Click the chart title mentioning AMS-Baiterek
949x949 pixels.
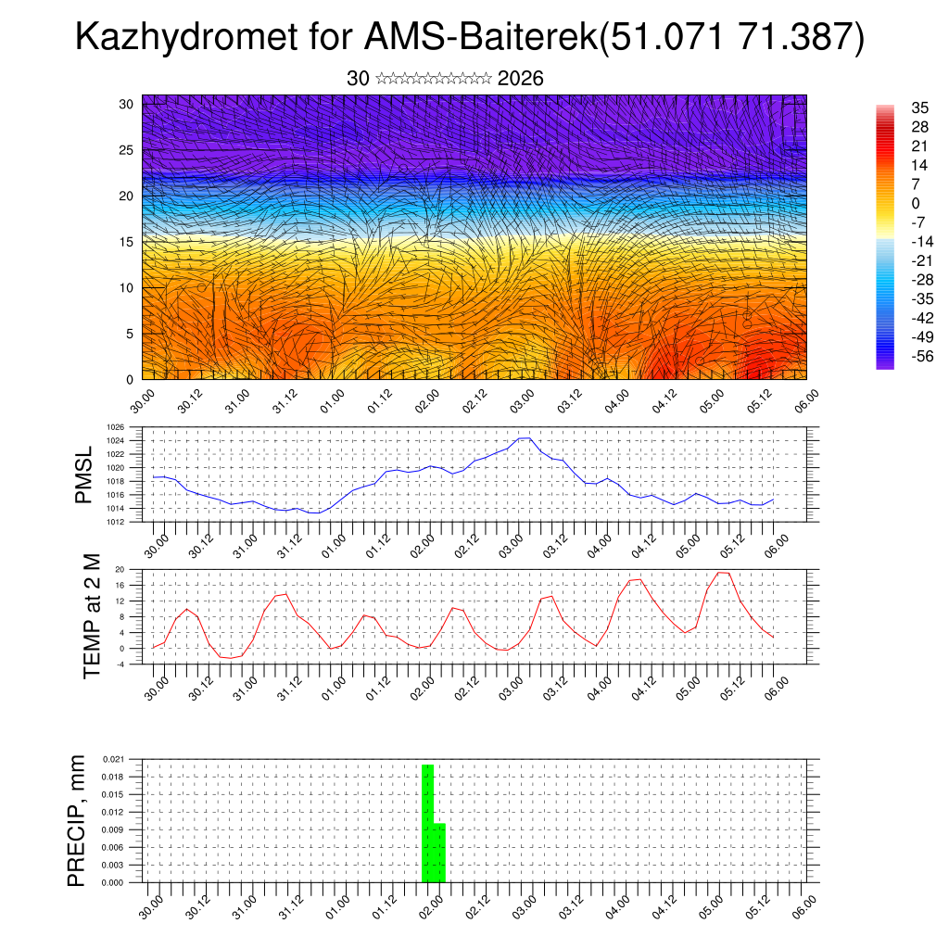469,38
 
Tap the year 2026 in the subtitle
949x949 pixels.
520,79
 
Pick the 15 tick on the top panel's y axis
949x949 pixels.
127,242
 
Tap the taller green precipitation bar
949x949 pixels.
427,823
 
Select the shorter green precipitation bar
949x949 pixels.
440,853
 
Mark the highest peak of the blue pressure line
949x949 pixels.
525,437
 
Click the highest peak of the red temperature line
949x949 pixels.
724,572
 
